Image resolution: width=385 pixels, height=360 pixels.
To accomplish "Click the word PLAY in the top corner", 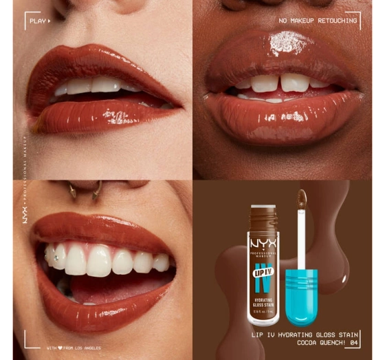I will [36, 21].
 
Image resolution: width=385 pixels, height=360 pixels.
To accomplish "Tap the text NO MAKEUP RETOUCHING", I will [318, 21].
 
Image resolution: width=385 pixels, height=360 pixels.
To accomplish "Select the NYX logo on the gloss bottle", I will [263, 245].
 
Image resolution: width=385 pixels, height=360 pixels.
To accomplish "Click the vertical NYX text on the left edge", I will [24, 213].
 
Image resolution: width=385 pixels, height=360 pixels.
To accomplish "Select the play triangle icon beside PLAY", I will [49, 21].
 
